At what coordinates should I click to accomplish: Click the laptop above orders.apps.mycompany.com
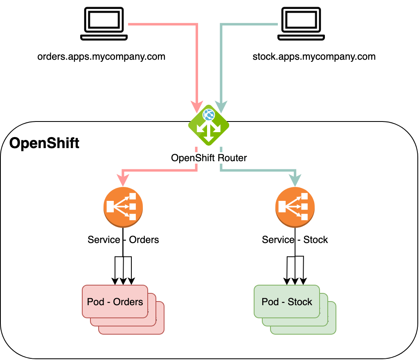tap(104, 24)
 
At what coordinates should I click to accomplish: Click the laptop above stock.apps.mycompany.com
tap(301, 24)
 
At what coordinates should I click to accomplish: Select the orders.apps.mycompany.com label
tap(101, 57)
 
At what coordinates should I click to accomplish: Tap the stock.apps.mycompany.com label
tap(314, 57)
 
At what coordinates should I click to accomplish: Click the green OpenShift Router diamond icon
tap(209, 125)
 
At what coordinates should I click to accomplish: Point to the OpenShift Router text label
tap(209, 158)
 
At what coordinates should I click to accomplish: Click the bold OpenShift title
tap(44, 144)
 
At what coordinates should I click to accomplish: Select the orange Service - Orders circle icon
tap(123, 207)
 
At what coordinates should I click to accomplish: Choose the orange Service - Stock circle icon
tap(295, 207)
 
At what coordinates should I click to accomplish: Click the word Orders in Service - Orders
tap(144, 240)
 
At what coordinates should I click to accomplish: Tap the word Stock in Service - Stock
tap(315, 240)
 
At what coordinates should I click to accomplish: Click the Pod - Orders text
tap(115, 302)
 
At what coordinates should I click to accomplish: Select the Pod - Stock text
tap(287, 302)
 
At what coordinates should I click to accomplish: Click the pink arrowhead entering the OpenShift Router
tap(197, 107)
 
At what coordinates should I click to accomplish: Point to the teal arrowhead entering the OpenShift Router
tap(221, 107)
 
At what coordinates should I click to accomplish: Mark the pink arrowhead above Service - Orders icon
tap(123, 180)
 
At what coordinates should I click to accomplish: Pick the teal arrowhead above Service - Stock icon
tap(295, 180)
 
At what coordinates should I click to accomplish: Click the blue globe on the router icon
tap(209, 115)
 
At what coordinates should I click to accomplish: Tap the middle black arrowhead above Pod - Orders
tap(123, 281)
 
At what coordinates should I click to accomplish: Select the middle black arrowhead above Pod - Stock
tap(295, 281)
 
